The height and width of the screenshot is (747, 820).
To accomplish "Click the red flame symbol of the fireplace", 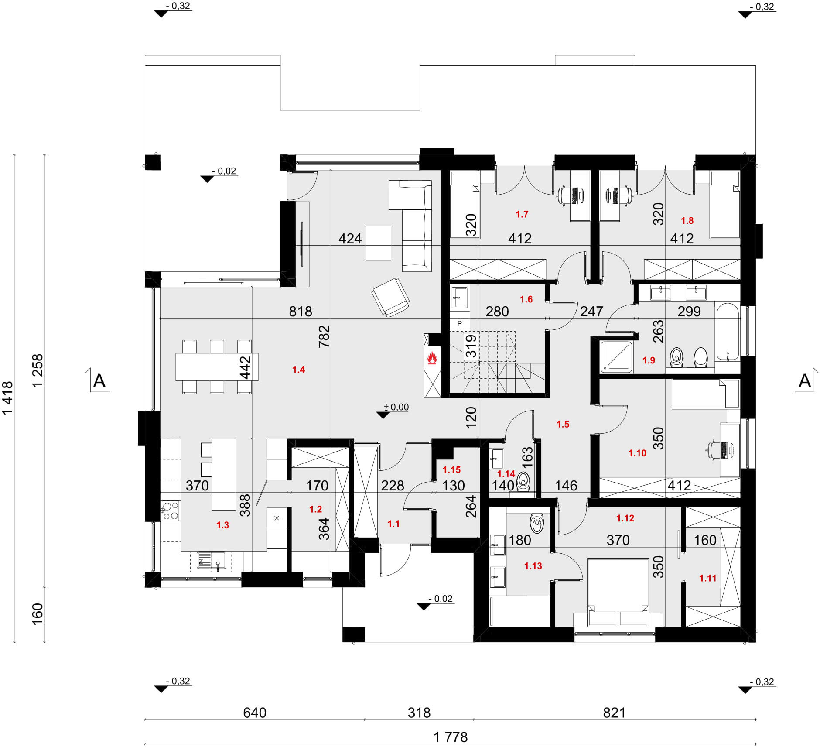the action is pyautogui.click(x=432, y=358).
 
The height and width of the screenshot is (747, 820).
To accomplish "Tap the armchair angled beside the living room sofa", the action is pyautogui.click(x=390, y=297).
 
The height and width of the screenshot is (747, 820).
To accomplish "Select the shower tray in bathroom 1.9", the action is pyautogui.click(x=616, y=357).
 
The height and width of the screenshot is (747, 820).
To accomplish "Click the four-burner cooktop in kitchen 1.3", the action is pyautogui.click(x=170, y=511).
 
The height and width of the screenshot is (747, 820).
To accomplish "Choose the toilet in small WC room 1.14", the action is pyautogui.click(x=523, y=483).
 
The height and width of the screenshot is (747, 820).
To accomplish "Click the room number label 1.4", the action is pyautogui.click(x=298, y=370).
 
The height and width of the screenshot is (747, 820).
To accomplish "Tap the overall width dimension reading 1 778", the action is pyautogui.click(x=451, y=737).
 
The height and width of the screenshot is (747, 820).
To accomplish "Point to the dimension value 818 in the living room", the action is pyautogui.click(x=301, y=311).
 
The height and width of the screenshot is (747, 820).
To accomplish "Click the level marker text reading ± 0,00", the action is pyautogui.click(x=396, y=407).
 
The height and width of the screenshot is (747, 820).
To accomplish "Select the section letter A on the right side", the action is pyautogui.click(x=804, y=381).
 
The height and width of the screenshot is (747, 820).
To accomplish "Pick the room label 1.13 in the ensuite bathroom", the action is pyautogui.click(x=533, y=566).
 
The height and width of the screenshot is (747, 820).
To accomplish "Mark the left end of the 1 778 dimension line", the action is pyautogui.click(x=145, y=744).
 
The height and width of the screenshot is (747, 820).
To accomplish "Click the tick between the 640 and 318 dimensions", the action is pyautogui.click(x=365, y=720).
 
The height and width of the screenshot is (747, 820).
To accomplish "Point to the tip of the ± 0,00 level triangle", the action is pyautogui.click(x=383, y=418).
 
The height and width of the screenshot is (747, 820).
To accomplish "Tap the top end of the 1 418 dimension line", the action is pyautogui.click(x=15, y=155).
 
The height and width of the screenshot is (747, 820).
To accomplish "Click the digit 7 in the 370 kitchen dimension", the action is pyautogui.click(x=197, y=486).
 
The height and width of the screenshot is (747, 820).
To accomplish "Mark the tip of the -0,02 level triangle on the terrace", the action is pyautogui.click(x=207, y=182).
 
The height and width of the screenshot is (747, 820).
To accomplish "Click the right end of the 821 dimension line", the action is pyautogui.click(x=755, y=720).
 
